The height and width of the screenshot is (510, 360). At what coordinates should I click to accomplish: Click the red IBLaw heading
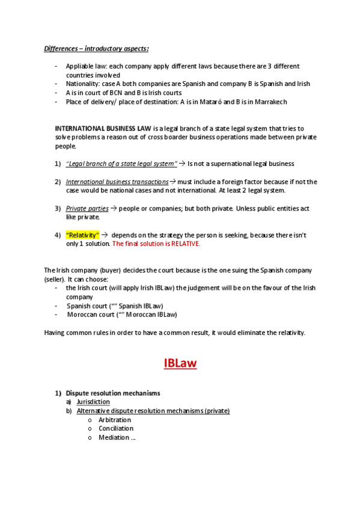tap(180, 363)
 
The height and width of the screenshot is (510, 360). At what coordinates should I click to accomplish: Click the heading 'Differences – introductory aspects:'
tap(97, 48)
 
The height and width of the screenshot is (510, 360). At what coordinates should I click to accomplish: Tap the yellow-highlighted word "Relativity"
tap(82, 235)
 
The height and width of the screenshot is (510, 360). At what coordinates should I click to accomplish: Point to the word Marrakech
tap(269, 102)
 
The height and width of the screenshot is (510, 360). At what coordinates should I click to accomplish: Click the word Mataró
tap(207, 102)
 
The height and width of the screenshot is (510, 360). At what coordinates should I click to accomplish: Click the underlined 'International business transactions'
tap(117, 182)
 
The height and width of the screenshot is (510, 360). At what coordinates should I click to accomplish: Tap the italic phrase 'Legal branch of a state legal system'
tap(121, 164)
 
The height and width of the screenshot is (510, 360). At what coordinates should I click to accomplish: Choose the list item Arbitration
tap(114, 420)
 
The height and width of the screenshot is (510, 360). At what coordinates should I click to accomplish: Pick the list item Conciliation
tap(116, 429)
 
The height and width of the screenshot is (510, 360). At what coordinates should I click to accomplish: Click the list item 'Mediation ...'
tap(117, 438)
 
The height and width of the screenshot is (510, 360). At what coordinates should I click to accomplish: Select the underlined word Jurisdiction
tap(93, 402)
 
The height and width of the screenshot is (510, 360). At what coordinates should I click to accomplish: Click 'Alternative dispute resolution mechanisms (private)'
tap(153, 411)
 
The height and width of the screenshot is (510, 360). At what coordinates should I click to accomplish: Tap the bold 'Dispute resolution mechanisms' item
tap(113, 393)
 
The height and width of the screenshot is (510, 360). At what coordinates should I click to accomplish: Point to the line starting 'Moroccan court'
tap(122, 315)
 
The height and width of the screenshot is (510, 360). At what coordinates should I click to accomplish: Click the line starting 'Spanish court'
tap(115, 306)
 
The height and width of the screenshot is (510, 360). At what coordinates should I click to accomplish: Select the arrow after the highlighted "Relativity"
tap(104, 235)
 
